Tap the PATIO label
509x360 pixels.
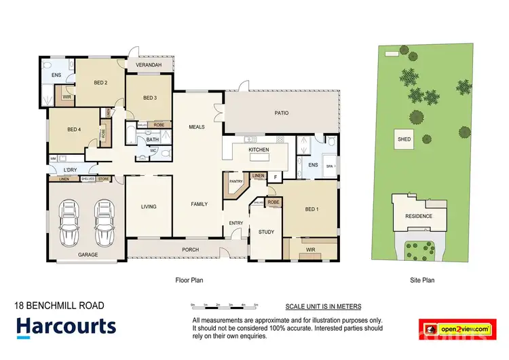click(x=282, y=114)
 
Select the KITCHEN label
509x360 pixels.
click(x=259, y=149)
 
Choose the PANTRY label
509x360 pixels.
click(x=236, y=182)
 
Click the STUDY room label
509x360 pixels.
click(x=266, y=232)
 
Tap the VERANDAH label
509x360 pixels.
click(x=149, y=65)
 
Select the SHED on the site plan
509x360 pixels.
click(x=404, y=139)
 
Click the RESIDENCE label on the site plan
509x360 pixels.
click(x=419, y=216)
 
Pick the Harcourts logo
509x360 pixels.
click(x=66, y=327)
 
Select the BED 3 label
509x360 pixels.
click(x=150, y=98)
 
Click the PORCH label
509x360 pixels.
click(x=190, y=250)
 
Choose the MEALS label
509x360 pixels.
click(x=197, y=126)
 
